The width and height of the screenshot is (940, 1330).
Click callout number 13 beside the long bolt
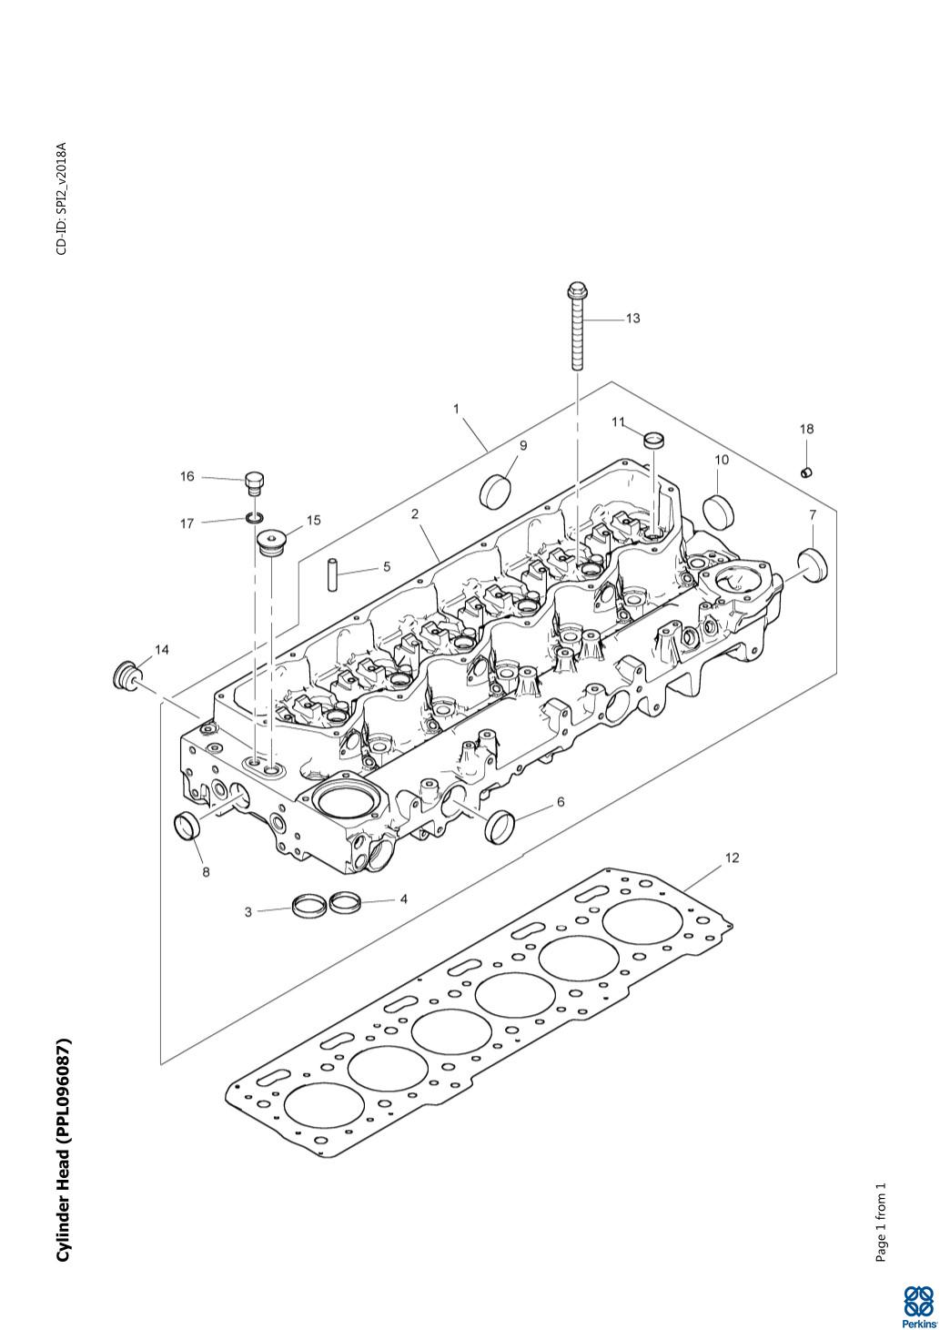(x=633, y=319)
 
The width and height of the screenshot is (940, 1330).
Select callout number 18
(x=806, y=429)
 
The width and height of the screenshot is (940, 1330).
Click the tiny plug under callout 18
(x=806, y=472)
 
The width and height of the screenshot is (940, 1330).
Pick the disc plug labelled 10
(x=718, y=507)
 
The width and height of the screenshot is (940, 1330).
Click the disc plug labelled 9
(x=495, y=491)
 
